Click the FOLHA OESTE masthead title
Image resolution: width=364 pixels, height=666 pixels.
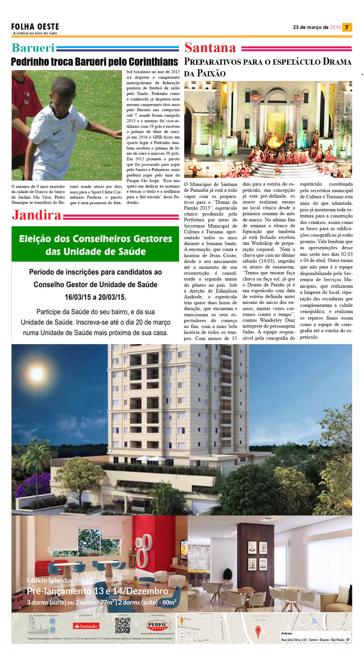35,27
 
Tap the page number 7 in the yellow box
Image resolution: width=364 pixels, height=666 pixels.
347,27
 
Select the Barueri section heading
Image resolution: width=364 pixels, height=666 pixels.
33,48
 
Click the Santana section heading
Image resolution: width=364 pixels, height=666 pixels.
210,48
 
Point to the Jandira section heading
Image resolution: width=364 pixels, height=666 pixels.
37,215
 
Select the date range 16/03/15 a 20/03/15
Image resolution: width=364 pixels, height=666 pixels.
95,297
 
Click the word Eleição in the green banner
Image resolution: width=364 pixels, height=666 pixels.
34,239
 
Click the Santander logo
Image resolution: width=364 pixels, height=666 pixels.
86,626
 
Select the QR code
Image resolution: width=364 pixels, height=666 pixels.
123,625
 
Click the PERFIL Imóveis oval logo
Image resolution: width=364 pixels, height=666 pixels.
158,625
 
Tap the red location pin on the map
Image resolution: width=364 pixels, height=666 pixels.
258,632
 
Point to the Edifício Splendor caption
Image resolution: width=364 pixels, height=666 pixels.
50,580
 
